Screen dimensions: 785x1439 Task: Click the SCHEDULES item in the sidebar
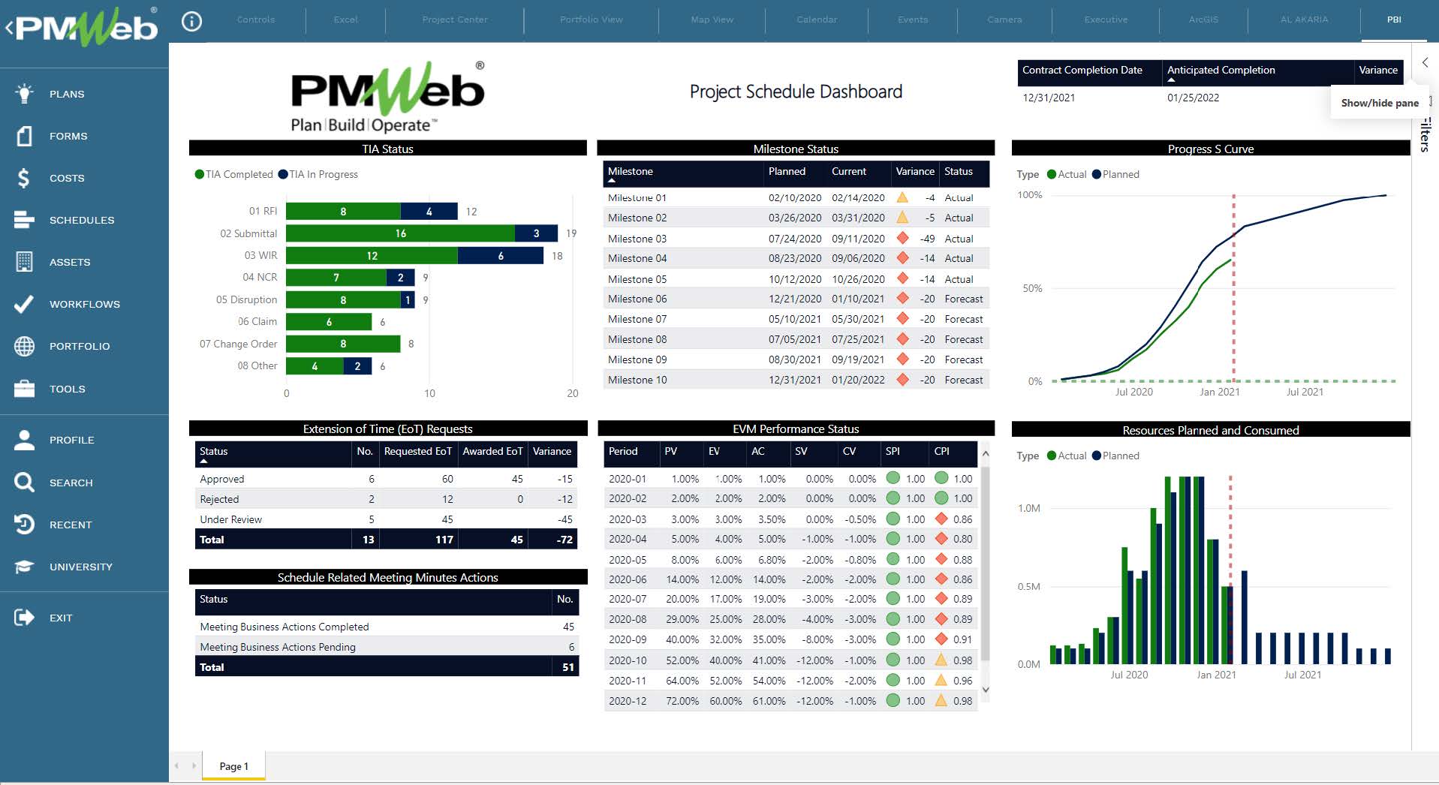click(81, 220)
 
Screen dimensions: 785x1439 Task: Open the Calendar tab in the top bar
click(816, 20)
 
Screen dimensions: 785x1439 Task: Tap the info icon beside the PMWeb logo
click(192, 21)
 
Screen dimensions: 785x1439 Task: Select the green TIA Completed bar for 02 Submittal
click(400, 233)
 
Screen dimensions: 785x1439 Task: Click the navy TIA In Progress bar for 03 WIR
click(500, 256)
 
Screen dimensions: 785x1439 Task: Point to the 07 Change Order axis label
click(238, 344)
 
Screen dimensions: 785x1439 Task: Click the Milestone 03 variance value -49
click(927, 239)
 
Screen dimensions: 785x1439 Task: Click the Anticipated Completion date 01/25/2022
click(1193, 98)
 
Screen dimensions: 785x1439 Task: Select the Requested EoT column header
click(417, 451)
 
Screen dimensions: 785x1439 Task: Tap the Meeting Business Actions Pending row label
click(278, 647)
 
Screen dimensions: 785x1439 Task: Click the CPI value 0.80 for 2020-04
click(962, 539)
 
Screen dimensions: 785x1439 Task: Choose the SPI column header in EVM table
click(893, 451)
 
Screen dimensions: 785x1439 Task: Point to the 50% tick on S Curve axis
click(1032, 288)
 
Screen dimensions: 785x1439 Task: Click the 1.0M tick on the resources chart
click(1028, 508)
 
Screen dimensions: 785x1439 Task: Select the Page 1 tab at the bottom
click(233, 766)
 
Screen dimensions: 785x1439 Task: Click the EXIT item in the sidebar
click(60, 618)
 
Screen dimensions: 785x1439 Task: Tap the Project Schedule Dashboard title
click(796, 92)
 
